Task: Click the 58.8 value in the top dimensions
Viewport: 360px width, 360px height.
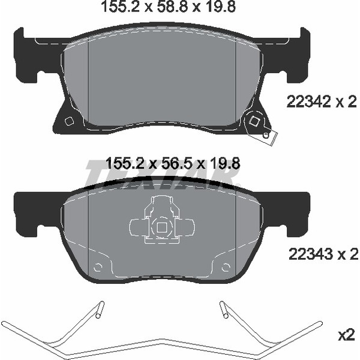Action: (172, 7)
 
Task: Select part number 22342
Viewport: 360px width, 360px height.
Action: (309, 101)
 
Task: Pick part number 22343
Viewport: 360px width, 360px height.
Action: (310, 254)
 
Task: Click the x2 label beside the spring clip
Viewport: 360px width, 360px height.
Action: (347, 337)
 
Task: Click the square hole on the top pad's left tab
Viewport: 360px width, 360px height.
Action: (68, 121)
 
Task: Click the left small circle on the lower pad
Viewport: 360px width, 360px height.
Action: (98, 267)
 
